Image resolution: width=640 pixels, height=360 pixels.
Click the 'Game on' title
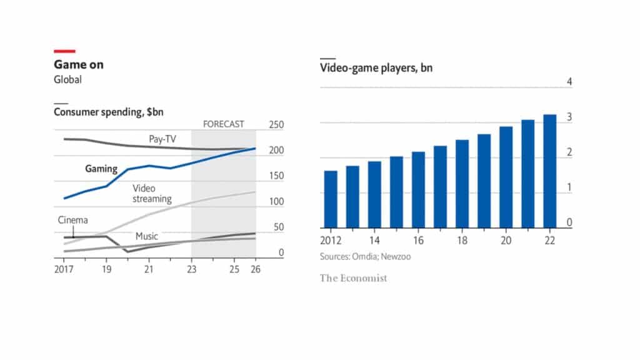(x=79, y=64)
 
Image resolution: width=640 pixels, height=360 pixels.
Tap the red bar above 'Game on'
(x=64, y=51)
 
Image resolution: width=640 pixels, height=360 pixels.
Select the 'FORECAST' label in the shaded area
(x=224, y=124)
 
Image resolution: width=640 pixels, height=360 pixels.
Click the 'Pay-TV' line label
(x=161, y=139)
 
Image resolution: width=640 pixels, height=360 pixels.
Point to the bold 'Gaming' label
(x=101, y=169)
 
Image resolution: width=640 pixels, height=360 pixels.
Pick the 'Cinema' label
(x=73, y=220)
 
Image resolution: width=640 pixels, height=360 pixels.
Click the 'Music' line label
(x=147, y=237)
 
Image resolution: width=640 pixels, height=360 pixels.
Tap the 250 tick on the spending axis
(x=276, y=125)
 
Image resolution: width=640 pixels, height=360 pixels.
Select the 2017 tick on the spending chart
(x=64, y=269)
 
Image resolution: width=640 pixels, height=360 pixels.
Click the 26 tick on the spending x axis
(x=256, y=269)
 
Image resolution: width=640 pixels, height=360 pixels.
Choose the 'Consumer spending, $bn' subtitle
(x=113, y=112)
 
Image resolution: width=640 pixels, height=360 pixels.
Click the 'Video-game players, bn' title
(x=376, y=68)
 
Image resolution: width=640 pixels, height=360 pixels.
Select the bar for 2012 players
(x=331, y=199)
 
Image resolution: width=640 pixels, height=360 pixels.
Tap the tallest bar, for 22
(x=550, y=171)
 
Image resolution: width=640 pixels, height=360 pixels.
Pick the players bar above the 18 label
(x=462, y=184)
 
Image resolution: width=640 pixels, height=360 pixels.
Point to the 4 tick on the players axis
(x=569, y=82)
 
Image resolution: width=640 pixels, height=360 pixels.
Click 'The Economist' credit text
(x=354, y=278)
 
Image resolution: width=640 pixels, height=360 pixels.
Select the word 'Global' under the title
(x=67, y=80)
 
